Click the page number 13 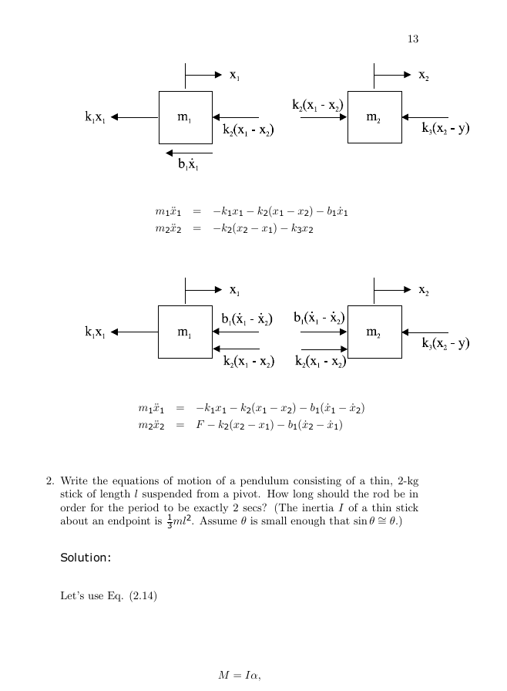click(x=413, y=39)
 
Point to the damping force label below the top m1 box click(x=188, y=164)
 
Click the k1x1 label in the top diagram click(x=95, y=116)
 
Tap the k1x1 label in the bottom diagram click(x=95, y=332)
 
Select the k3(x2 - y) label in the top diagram click(x=445, y=128)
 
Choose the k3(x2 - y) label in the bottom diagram click(x=445, y=343)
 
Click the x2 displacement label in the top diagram click(x=423, y=76)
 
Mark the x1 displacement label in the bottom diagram click(x=234, y=290)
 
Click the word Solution click(x=86, y=558)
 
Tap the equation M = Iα click(x=240, y=675)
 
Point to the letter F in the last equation click(x=200, y=425)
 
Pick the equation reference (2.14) click(x=143, y=596)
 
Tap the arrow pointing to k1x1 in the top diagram click(x=135, y=117)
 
